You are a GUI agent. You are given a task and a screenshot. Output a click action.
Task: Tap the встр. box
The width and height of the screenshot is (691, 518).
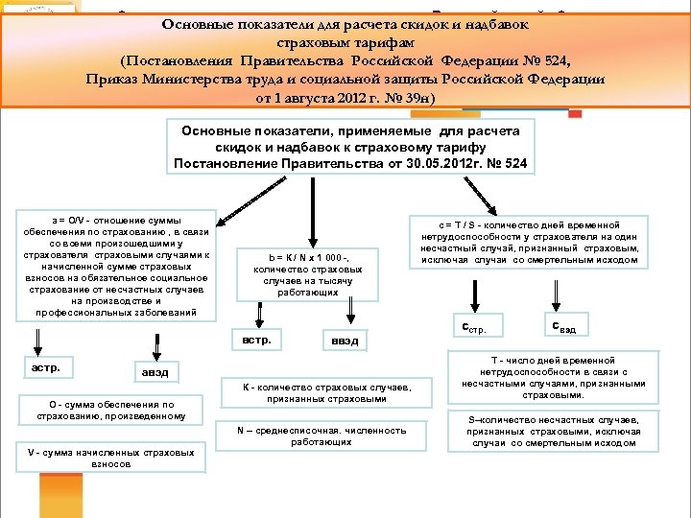(257, 340)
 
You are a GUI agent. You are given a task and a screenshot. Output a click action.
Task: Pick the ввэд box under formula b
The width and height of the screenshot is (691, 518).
(345, 341)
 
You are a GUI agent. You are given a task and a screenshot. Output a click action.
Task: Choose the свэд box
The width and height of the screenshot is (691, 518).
(565, 326)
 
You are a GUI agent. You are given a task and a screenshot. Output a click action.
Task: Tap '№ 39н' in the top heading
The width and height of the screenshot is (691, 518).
(405, 99)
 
